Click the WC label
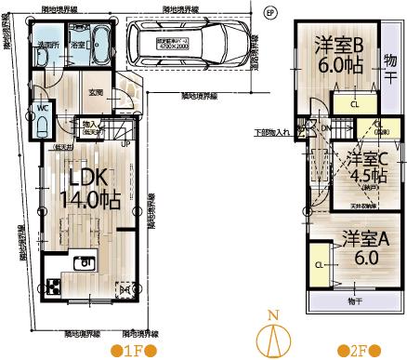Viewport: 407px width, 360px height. (43, 107)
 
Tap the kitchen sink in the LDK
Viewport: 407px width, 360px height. (85, 264)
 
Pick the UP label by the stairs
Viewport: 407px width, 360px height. (125, 144)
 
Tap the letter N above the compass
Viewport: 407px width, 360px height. (272, 314)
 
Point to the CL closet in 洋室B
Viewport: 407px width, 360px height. (354, 105)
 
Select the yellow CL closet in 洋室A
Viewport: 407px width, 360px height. (319, 264)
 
